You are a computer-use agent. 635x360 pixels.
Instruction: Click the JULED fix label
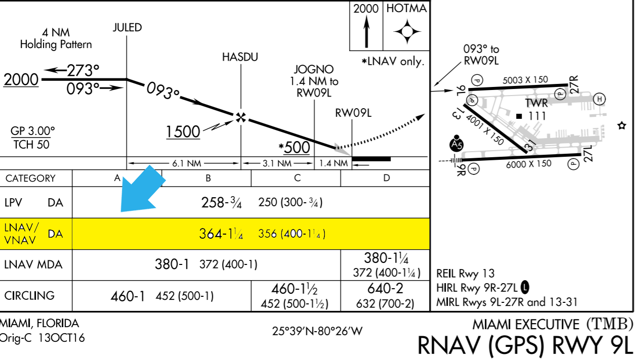(127, 27)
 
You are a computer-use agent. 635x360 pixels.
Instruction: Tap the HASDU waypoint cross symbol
(241, 117)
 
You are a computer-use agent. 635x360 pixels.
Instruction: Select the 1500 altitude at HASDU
(183, 132)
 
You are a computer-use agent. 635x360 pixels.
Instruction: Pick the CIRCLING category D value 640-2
(385, 289)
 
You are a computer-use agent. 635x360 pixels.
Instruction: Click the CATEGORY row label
(30, 178)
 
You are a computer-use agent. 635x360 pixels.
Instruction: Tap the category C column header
(297, 178)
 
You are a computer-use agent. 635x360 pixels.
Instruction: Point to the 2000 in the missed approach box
(366, 9)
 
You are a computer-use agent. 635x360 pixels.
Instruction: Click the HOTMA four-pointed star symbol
(407, 32)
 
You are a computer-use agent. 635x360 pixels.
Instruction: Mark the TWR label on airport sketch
(536, 103)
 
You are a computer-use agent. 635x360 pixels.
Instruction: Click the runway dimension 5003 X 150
(525, 79)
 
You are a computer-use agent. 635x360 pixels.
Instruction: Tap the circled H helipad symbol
(599, 99)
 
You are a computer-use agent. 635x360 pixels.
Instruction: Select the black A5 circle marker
(456, 144)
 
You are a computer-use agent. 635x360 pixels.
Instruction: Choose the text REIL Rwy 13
(464, 274)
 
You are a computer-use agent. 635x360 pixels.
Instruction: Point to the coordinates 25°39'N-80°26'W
(317, 331)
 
